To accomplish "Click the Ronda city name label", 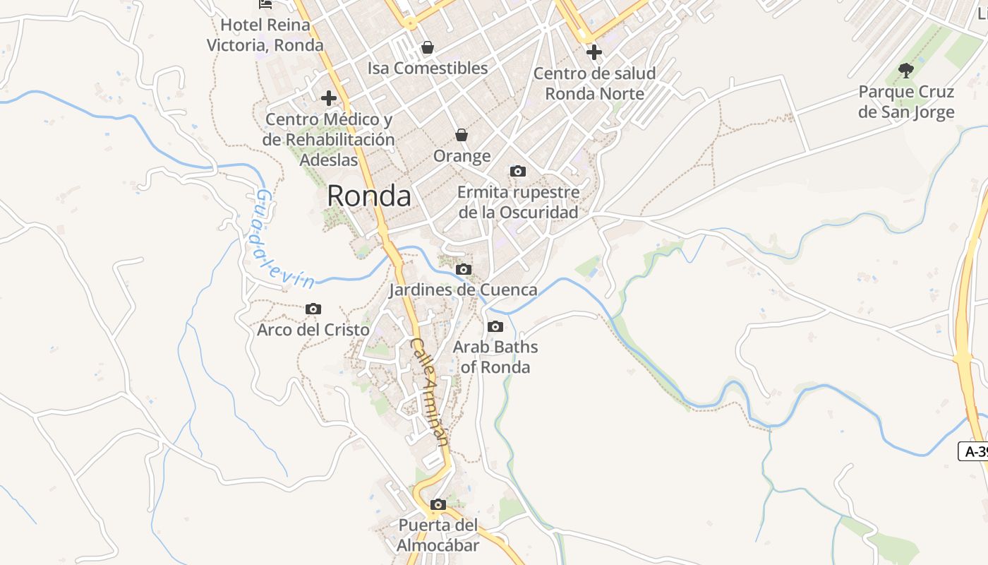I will pos(369,196).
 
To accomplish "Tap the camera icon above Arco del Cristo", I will pos(313,309).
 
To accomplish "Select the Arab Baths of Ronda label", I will pos(495,357).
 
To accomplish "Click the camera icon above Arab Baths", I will pos(495,326).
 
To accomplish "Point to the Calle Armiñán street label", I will pos(429,391).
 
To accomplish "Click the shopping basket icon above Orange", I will pos(462,135).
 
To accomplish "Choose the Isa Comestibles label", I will pos(428,69).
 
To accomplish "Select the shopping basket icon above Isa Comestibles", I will pos(427,47).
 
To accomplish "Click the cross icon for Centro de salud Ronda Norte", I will pos(594,52).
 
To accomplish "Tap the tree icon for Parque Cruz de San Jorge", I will pos(906,70).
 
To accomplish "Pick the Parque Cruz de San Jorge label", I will pos(906,102).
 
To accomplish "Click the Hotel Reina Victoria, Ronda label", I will pos(265,35).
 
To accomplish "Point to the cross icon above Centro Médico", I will pos(328,98).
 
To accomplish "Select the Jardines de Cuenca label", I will pos(463,290).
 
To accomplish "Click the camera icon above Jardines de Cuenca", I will pos(464,269).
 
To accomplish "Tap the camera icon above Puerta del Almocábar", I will pos(438,504).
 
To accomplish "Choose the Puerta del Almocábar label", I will pos(438,535).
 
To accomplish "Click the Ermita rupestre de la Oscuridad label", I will pos(519,202).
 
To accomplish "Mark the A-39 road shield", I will pos(975,452).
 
